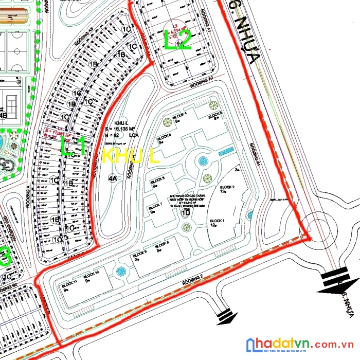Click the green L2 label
178,40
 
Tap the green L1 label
72,145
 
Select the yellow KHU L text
131,156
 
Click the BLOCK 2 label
227,187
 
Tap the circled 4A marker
112,178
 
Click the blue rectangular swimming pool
226,151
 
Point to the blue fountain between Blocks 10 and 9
121,272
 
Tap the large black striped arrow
337,279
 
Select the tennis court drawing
10,103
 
